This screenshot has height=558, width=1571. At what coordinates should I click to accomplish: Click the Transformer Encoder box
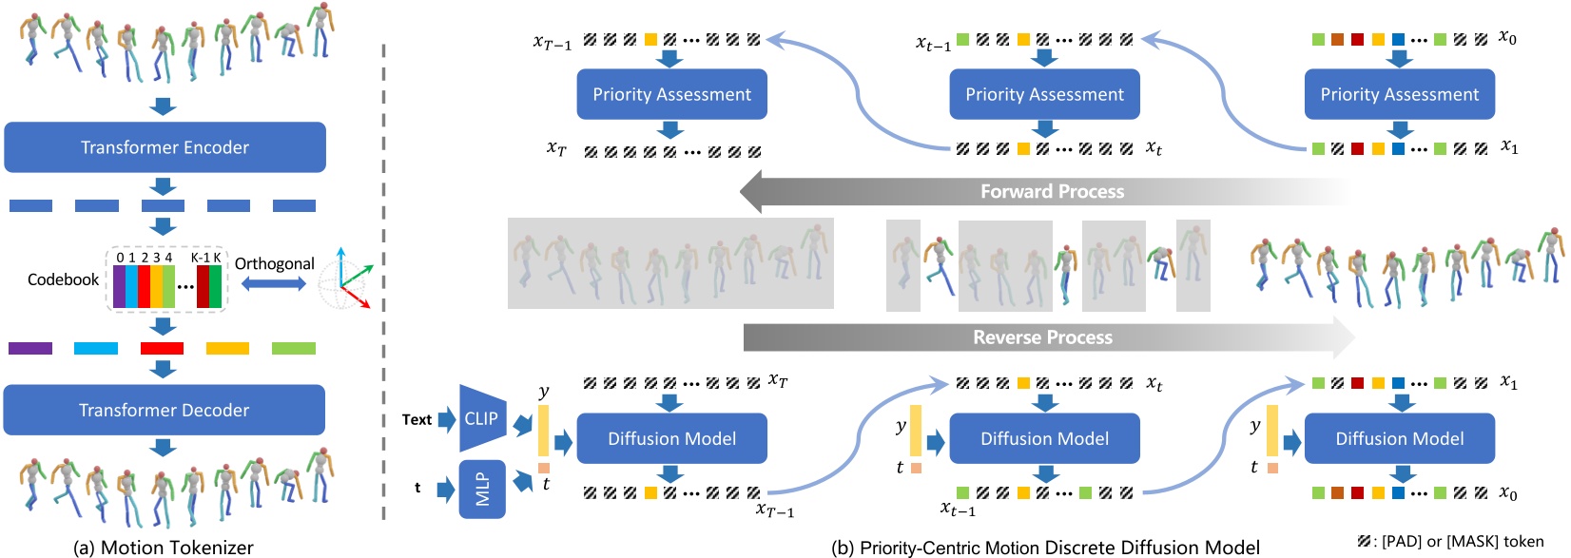pos(165,147)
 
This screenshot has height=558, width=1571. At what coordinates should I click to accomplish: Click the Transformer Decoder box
pos(165,410)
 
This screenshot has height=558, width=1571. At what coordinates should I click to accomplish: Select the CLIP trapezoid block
pos(482,418)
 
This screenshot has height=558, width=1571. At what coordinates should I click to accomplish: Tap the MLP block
pos(482,490)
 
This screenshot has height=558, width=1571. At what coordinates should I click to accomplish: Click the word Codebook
pos(63,279)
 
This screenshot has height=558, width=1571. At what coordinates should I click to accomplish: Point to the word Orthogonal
pos(274,263)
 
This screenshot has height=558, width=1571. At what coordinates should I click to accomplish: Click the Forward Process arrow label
pos(1051,192)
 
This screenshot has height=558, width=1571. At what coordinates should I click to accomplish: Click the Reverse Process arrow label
pos(1042,337)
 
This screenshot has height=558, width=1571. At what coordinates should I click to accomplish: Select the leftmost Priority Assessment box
pos(671,94)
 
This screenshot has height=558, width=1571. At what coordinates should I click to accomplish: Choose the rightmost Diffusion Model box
pos(1399,438)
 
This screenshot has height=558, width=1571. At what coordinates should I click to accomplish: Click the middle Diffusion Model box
pos(1044,438)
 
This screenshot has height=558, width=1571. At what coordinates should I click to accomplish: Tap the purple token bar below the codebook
pos(30,349)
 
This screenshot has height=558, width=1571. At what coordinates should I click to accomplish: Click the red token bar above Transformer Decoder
pos(162,349)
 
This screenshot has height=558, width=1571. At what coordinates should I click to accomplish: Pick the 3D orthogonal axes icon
pos(343,279)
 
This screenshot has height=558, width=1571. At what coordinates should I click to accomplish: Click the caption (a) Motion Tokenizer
pos(164,548)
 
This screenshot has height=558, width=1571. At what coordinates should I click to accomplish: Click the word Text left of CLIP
pos(417,419)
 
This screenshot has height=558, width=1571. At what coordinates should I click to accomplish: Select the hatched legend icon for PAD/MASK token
pos(1365,542)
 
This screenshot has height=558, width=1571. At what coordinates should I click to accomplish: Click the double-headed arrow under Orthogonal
pos(273,284)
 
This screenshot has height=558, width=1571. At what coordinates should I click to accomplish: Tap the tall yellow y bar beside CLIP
pos(544,431)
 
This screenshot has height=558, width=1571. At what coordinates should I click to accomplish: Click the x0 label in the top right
pos(1507,37)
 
